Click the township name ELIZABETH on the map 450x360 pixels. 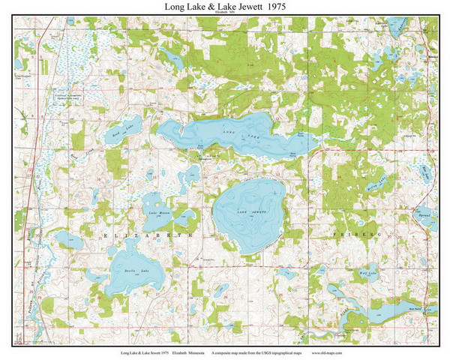click(x=142, y=235)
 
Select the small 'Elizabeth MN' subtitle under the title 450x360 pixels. click(x=225, y=13)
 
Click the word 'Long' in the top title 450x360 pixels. click(x=178, y=7)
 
